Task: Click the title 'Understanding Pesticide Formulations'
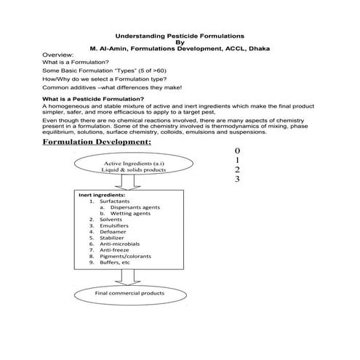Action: [180, 35]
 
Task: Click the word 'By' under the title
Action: [180, 41]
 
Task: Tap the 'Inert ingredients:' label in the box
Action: [102, 195]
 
